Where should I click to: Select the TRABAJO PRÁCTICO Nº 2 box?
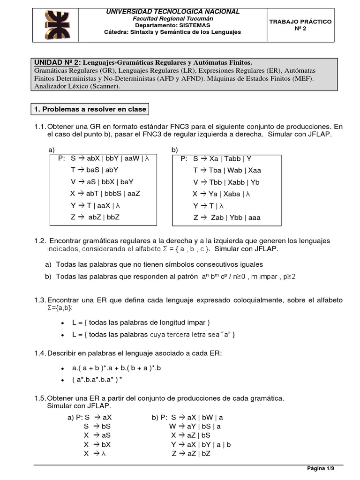[x=300, y=25]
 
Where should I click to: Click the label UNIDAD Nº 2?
[x=57, y=62]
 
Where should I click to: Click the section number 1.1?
[x=40, y=127]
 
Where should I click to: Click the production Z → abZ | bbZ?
[x=95, y=217]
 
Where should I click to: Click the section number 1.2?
[x=40, y=240]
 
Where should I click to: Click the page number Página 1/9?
[x=321, y=468]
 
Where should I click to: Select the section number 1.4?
[x=40, y=352]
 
